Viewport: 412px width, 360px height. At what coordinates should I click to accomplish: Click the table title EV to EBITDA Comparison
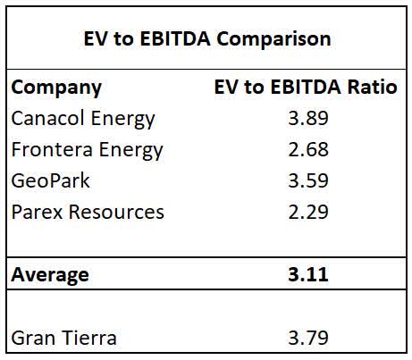[206, 39]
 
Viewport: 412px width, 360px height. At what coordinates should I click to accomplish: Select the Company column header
[55, 88]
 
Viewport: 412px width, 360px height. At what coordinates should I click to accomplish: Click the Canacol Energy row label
[83, 118]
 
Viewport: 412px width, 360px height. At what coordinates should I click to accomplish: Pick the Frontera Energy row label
[87, 149]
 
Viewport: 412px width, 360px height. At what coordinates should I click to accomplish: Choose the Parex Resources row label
[88, 212]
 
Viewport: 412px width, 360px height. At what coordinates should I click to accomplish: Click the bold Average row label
[50, 274]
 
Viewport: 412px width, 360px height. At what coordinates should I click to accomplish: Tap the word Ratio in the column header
[373, 88]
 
